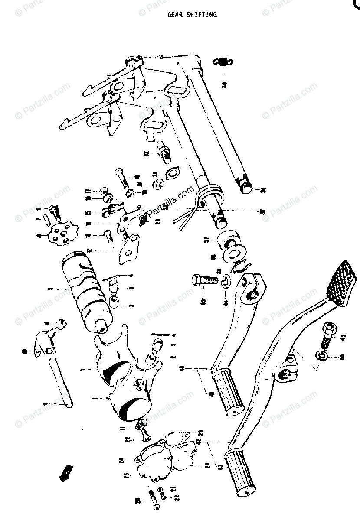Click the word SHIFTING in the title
pos(202,15)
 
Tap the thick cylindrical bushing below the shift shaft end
pos(227,240)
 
